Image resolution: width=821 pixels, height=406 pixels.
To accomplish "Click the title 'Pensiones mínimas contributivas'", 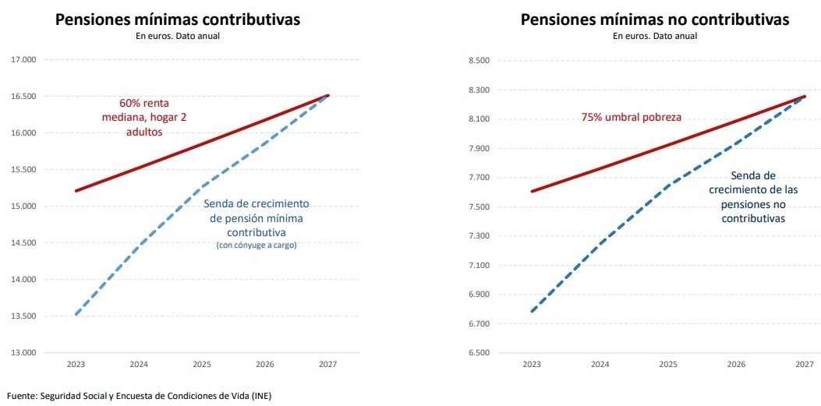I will coord(177,19).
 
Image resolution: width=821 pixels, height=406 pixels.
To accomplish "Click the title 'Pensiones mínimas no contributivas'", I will coord(655,19).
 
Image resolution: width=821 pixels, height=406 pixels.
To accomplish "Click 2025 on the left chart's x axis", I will coord(202,364).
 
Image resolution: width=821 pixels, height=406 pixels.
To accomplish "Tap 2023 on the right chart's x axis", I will coord(532,364).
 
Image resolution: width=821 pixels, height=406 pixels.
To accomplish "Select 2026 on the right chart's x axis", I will coord(735,364).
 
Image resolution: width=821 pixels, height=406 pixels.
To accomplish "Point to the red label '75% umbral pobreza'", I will coord(631,118).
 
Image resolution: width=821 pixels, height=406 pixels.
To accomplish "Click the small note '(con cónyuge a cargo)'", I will coord(257,245).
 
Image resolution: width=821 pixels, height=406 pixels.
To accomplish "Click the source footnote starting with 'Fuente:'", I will coord(139,396).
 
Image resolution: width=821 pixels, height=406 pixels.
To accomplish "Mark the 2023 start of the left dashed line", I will coord(76,315).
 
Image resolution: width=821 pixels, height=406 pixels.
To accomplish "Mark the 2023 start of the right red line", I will coord(532,191).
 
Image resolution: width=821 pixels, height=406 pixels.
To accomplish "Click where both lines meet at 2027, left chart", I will coord(328,95).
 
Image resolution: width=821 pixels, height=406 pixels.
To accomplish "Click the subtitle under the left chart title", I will coord(177,36).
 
